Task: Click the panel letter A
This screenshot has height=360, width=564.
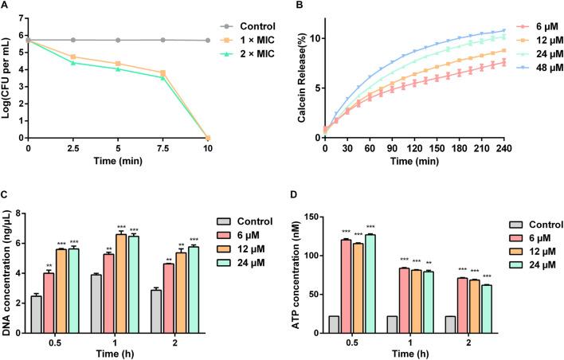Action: (x=6, y=7)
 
